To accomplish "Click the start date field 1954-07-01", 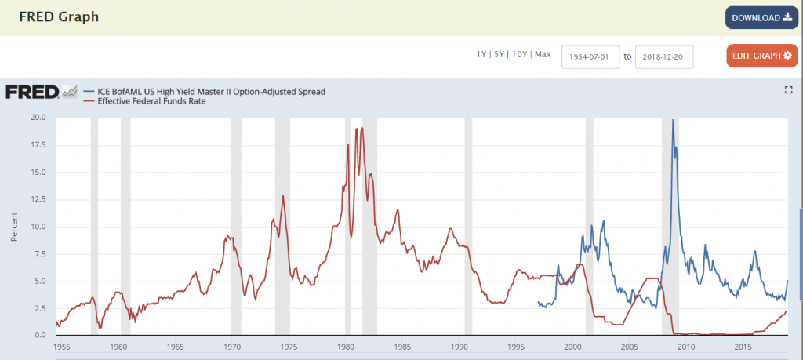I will pyautogui.click(x=590, y=56).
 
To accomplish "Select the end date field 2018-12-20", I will pyautogui.click(x=663, y=56).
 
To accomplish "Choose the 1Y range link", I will pyautogui.click(x=481, y=54).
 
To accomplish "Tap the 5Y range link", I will pyautogui.click(x=500, y=54).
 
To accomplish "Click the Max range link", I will pyautogui.click(x=543, y=54).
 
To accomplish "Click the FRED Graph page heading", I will pyautogui.click(x=59, y=16).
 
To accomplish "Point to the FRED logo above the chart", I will pyautogui.click(x=41, y=93).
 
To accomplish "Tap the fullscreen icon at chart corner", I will pyautogui.click(x=789, y=90).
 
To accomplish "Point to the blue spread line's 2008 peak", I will pyautogui.click(x=673, y=121).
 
